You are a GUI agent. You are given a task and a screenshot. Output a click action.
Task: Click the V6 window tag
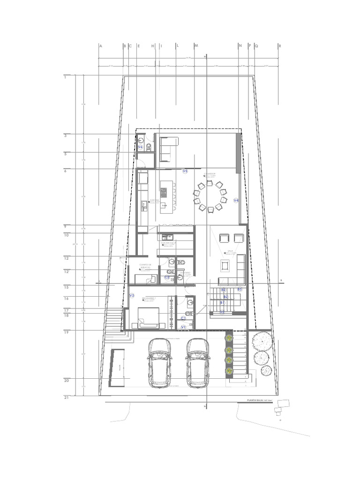tap(140, 148)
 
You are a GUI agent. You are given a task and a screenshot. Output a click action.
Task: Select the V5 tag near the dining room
tap(185, 172)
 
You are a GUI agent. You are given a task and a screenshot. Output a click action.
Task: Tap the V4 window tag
tap(236, 200)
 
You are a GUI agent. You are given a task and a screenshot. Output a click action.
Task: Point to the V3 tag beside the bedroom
tap(132, 296)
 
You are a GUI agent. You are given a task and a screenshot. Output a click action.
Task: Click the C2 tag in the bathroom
tap(167, 277)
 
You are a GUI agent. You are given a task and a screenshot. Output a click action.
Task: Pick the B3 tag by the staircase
tap(240, 290)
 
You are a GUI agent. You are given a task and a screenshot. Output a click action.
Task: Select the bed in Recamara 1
tap(149, 317)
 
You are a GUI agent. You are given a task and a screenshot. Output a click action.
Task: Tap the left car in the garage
tap(159, 362)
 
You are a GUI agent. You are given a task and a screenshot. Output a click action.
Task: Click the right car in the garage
tap(197, 362)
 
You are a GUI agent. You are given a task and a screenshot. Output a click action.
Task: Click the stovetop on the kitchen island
tap(164, 191)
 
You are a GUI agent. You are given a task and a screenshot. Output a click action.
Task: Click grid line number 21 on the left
tap(67, 397)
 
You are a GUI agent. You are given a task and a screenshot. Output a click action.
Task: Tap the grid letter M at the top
tap(196, 46)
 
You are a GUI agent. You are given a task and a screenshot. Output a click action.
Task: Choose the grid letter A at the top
tap(100, 46)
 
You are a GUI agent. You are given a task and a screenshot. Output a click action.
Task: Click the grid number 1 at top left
tap(65, 76)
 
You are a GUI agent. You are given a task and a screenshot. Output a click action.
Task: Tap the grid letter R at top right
tap(280, 46)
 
